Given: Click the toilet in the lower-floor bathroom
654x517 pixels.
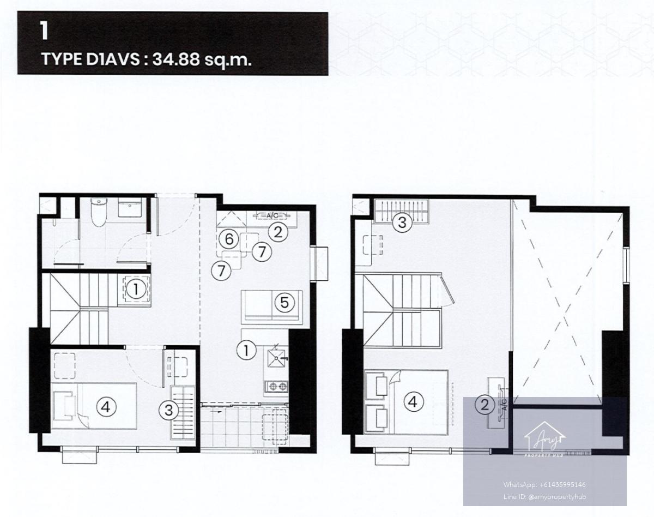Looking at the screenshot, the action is (x=99, y=212).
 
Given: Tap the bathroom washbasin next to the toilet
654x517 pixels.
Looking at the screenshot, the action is (x=130, y=207).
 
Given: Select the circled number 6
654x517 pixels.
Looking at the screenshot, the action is (x=229, y=239).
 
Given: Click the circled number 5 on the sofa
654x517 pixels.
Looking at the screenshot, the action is (x=284, y=302).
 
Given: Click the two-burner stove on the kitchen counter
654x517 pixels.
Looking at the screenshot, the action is (x=276, y=387).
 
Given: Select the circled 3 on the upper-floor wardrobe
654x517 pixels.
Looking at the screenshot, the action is (x=402, y=223).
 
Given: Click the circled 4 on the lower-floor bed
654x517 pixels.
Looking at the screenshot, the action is (x=105, y=407).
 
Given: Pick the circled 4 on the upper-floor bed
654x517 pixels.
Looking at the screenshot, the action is (x=413, y=402).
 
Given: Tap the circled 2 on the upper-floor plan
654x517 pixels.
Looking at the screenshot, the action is (x=485, y=405).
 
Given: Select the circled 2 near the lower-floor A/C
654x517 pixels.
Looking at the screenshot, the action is (x=278, y=232).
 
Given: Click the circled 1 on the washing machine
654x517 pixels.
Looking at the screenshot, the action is (x=136, y=289).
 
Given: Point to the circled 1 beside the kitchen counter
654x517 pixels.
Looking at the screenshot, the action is (x=246, y=351).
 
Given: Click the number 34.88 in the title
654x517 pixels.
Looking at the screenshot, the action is (x=176, y=59).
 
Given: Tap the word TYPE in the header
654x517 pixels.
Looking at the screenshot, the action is (x=62, y=59).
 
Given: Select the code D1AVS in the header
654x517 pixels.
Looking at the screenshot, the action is (x=113, y=59).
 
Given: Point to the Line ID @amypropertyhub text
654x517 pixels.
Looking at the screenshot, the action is (x=544, y=497).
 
